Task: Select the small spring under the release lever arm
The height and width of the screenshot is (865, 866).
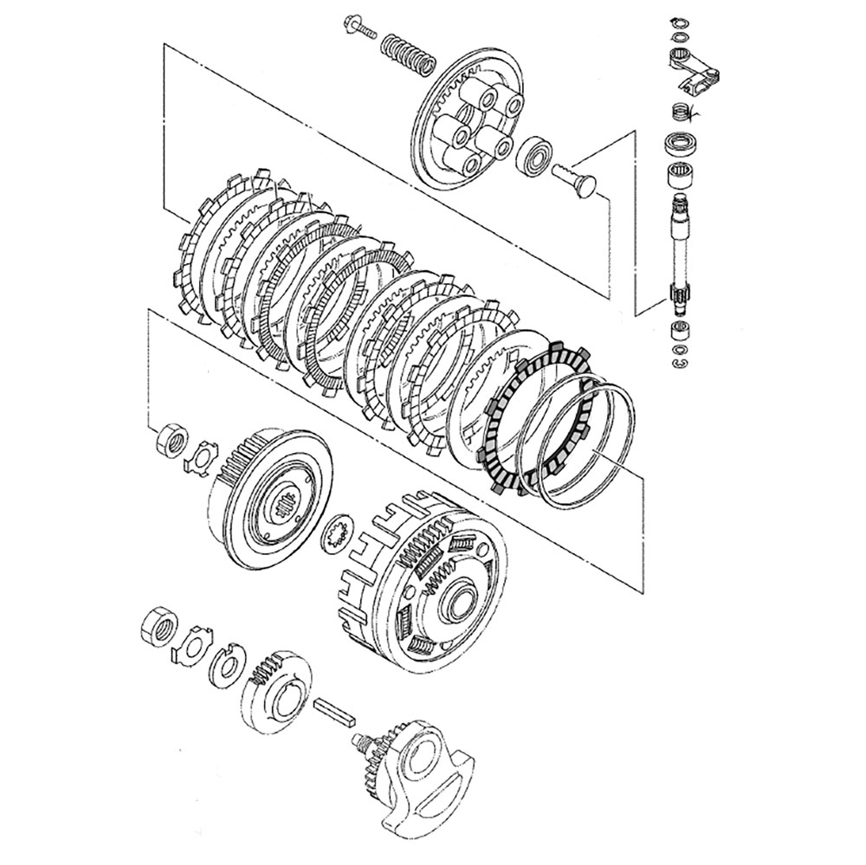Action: tap(682, 112)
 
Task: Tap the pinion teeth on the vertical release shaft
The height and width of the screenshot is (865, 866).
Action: tap(680, 303)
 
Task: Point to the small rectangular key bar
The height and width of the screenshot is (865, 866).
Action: tap(336, 711)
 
